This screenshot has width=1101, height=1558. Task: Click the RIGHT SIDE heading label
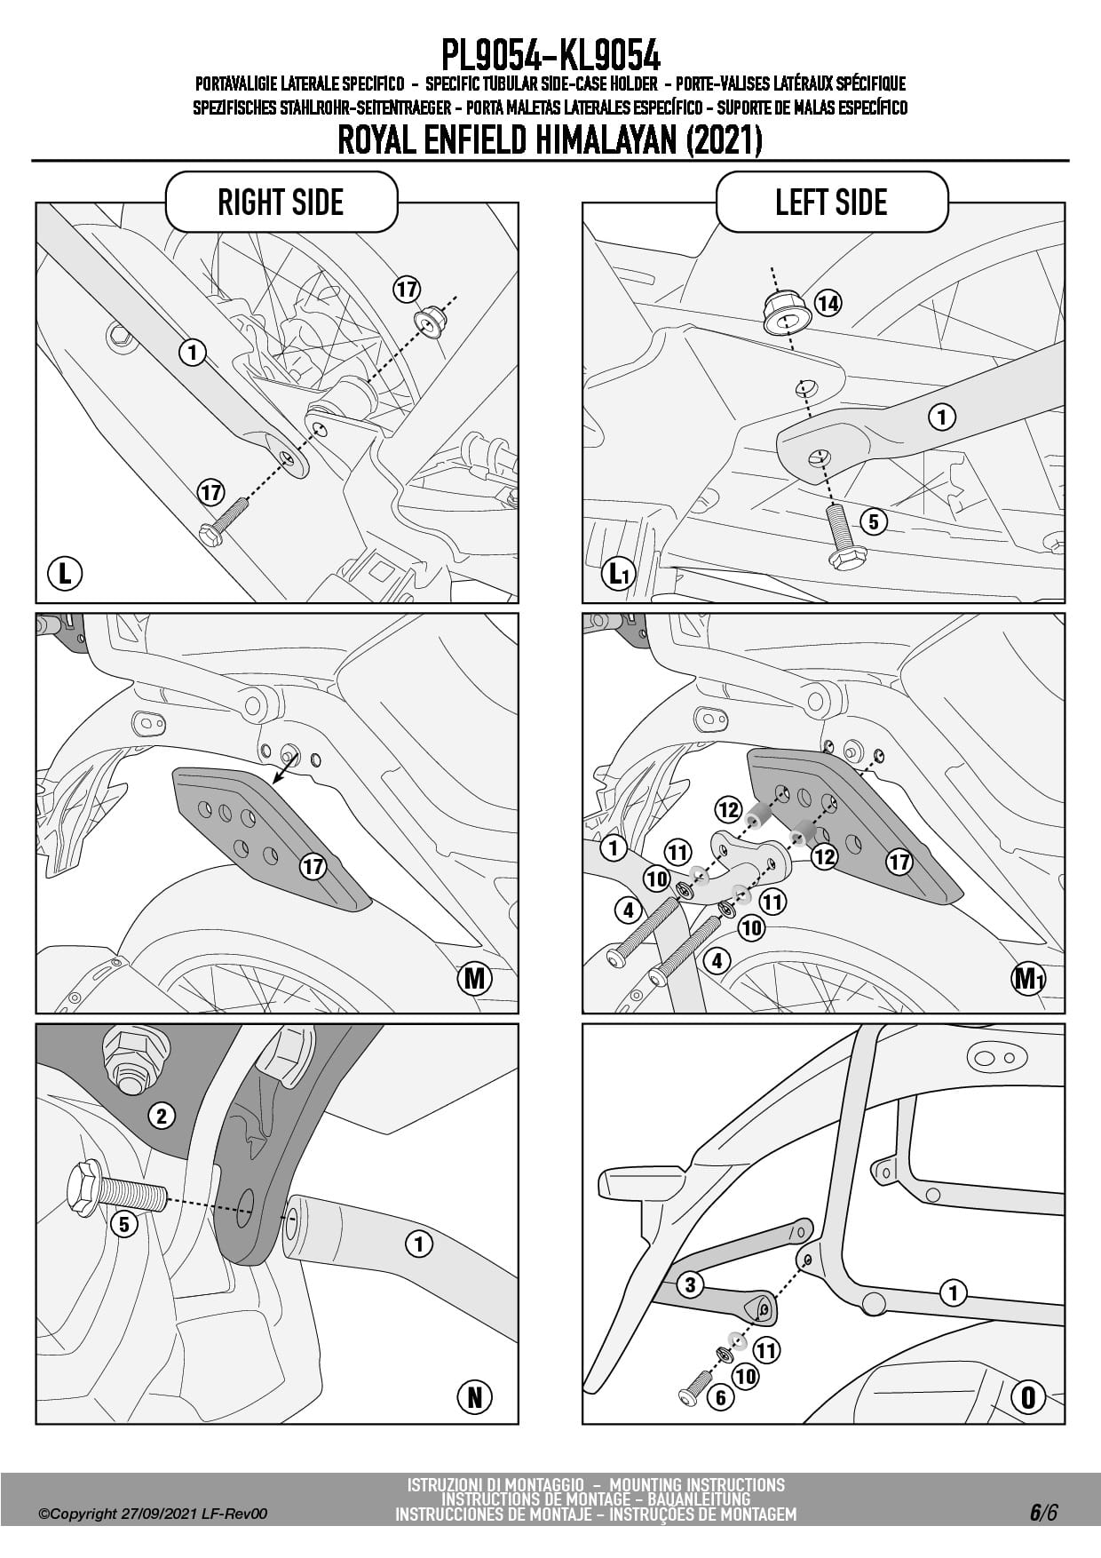[281, 203]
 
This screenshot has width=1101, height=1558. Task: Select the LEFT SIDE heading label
[831, 203]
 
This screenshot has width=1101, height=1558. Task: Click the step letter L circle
[65, 573]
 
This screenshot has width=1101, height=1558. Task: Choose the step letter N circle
[474, 1397]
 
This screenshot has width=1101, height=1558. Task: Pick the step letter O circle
[1028, 1397]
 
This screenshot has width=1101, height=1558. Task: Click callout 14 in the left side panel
[828, 304]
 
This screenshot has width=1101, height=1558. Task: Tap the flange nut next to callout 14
[783, 313]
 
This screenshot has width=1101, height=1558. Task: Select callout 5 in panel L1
[874, 521]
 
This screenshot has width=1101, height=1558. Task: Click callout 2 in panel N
[162, 1116]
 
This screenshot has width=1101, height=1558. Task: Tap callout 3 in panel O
[691, 1284]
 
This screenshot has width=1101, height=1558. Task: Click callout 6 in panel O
[720, 1398]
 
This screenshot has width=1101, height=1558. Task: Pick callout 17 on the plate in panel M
[313, 866]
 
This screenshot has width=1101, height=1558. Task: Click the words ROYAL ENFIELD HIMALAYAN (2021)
[550, 140]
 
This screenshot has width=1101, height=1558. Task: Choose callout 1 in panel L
[192, 353]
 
